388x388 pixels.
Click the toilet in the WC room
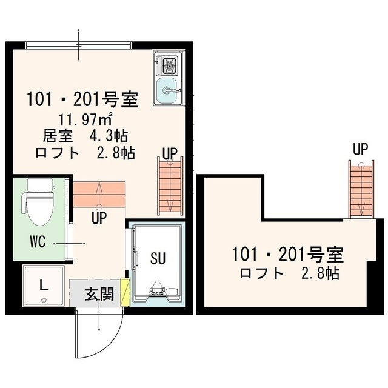coord(39,202)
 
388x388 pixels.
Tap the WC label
coord(38,241)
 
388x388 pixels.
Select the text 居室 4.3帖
coord(85,135)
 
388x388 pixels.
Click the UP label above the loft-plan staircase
coord(361,149)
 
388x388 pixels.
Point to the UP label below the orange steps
coord(100,216)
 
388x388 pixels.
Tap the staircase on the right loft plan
coord(361,190)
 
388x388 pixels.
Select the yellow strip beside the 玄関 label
coord(125,291)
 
